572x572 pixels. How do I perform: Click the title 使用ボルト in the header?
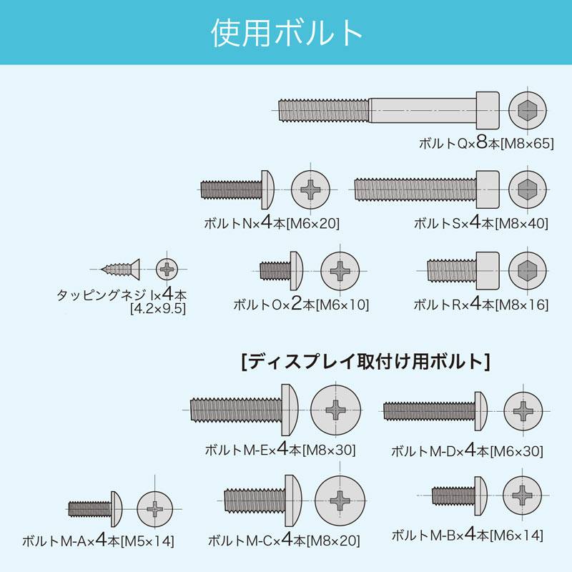(286, 33)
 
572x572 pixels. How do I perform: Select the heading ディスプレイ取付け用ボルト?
(367, 361)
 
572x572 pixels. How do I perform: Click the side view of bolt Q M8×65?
(390, 110)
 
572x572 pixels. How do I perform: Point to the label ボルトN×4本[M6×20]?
(271, 223)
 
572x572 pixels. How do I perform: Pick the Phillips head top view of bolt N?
(311, 189)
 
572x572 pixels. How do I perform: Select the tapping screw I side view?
(122, 269)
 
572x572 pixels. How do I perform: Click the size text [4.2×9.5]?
(157, 309)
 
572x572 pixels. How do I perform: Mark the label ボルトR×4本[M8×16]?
(480, 304)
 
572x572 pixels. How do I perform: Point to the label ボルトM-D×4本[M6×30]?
(467, 451)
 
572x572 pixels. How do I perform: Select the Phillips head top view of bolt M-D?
(527, 410)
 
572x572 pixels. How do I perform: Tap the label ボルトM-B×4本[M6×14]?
(468, 534)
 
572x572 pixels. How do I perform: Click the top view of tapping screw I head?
(167, 269)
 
